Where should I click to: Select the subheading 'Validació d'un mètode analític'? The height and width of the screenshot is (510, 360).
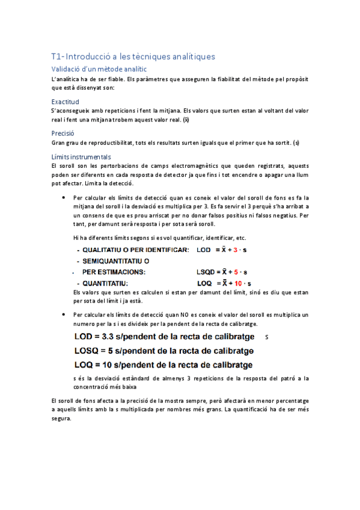point(99,69)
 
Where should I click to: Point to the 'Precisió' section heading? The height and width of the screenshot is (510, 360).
point(63,133)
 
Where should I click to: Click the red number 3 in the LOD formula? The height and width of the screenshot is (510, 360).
point(236,250)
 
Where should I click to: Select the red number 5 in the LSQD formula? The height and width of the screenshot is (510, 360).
point(236,272)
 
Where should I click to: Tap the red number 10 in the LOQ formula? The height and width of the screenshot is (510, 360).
point(238,283)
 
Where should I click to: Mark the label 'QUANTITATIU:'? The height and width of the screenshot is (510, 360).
point(105,283)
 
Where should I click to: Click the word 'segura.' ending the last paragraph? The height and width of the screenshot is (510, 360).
point(61,419)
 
